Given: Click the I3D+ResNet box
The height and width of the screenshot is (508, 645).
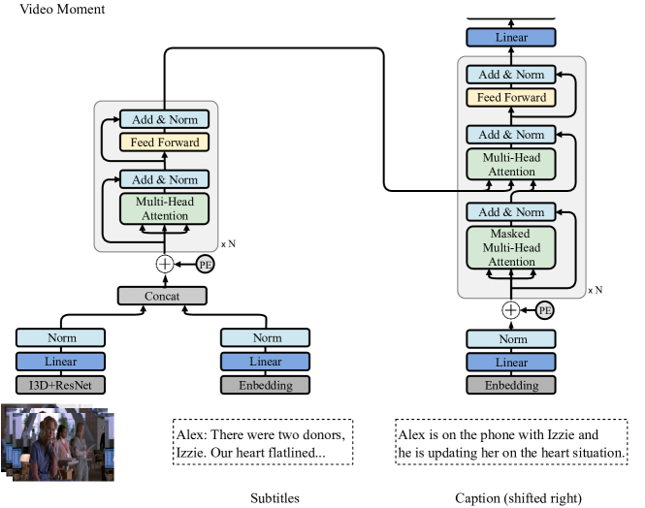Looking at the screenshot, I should click(60, 385).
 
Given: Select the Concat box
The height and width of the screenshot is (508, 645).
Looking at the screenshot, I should click(163, 295).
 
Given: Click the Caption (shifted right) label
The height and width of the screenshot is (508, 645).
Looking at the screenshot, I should click(518, 498).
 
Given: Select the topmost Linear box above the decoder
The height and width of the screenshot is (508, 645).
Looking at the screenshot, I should click(510, 37).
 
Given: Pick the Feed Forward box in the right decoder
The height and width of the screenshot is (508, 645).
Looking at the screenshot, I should click(510, 97).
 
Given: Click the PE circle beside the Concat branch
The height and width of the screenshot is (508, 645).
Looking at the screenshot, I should click(206, 264).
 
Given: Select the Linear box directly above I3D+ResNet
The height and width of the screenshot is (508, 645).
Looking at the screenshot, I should click(60, 361).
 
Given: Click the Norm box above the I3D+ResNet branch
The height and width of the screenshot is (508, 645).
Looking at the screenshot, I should click(60, 337).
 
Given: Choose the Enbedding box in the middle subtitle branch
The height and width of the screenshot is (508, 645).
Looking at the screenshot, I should click(267, 385).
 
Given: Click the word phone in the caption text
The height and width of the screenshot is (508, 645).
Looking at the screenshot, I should click(481, 435).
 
